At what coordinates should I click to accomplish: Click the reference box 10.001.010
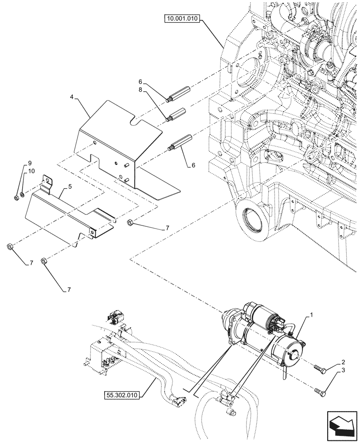coord(183,19)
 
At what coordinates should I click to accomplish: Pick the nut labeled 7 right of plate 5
coord(131,222)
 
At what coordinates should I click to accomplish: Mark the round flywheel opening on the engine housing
coord(251,218)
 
